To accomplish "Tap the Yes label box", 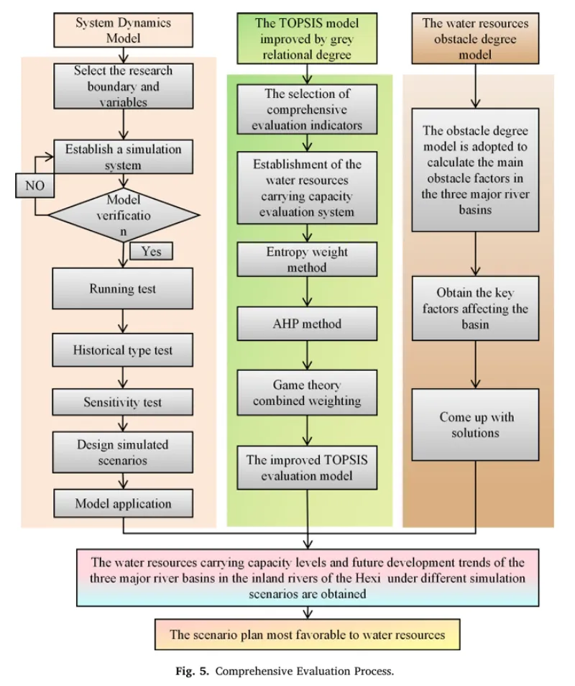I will pos(151,251).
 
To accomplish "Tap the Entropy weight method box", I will pos(308,258).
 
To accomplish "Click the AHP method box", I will pos(308,324).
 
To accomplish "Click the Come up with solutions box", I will pos(477,425).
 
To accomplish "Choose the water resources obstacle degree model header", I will pos(475,40).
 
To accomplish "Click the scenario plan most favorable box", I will pos(308,634).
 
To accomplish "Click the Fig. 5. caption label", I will pos(194,672).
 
